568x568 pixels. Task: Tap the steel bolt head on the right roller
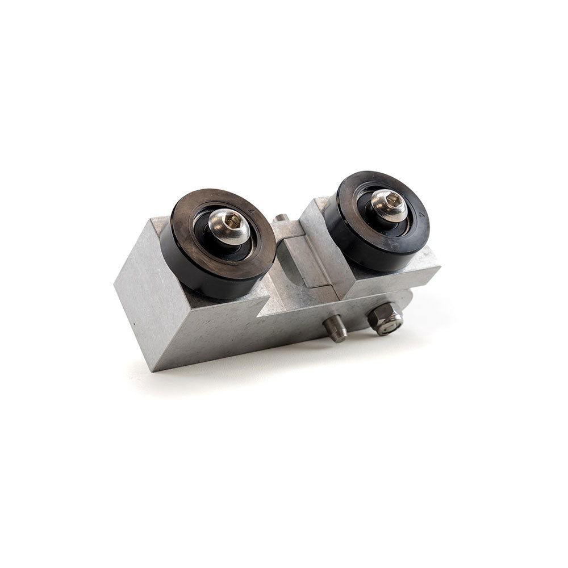(389, 206)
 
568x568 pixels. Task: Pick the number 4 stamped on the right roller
(421, 215)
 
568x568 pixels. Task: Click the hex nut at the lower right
(385, 320)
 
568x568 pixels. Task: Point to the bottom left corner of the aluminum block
(155, 369)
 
